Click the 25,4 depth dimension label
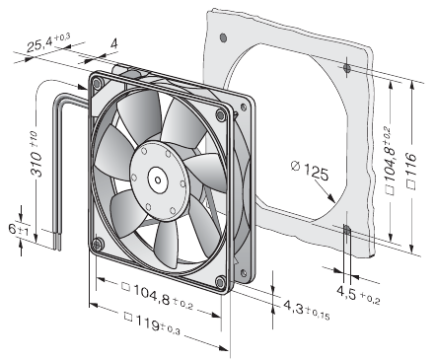pos(47,41)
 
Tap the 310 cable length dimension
pos(36,155)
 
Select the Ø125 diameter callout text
pos(310,170)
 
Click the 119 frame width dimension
pos(152,324)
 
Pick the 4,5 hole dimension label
pos(358,294)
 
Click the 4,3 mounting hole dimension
pos(307,309)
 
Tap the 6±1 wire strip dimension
pos(19,229)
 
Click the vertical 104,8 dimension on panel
pos(390,160)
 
